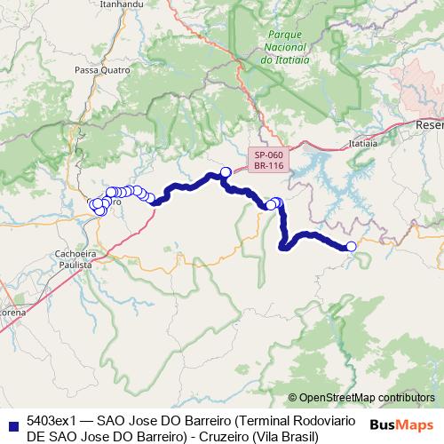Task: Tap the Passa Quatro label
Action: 97,69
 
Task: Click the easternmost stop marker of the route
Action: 351,246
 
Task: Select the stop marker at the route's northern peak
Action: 226,171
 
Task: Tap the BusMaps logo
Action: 401,424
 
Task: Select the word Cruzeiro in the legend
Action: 222,436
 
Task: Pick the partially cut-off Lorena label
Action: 12,313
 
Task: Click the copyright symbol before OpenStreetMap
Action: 293,398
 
